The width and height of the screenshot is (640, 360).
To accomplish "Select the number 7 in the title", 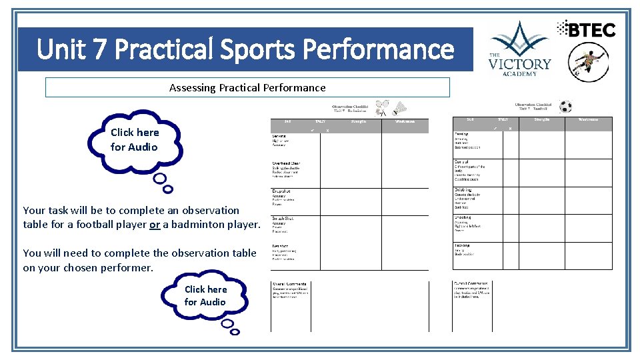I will point(100,49).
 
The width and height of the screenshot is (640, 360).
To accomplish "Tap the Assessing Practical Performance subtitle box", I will point(247,87).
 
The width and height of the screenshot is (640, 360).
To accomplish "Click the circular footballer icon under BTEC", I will point(588,62).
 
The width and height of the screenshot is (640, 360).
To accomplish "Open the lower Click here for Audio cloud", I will point(205,295).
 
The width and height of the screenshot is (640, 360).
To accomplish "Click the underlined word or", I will point(155,225).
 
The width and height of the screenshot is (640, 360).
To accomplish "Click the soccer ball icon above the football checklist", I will point(565,107).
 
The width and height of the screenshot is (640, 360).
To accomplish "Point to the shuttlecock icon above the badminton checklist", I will point(400,108).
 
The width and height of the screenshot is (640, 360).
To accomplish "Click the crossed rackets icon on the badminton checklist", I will point(382,107).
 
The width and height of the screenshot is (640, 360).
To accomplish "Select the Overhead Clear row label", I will point(286,163).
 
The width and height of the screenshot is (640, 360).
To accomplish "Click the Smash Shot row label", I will point(283,219).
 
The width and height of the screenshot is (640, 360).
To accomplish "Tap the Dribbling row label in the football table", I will point(463,190).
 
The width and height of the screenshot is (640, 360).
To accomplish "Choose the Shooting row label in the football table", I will point(463,217).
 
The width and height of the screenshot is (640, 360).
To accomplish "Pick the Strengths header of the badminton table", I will point(361,121).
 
